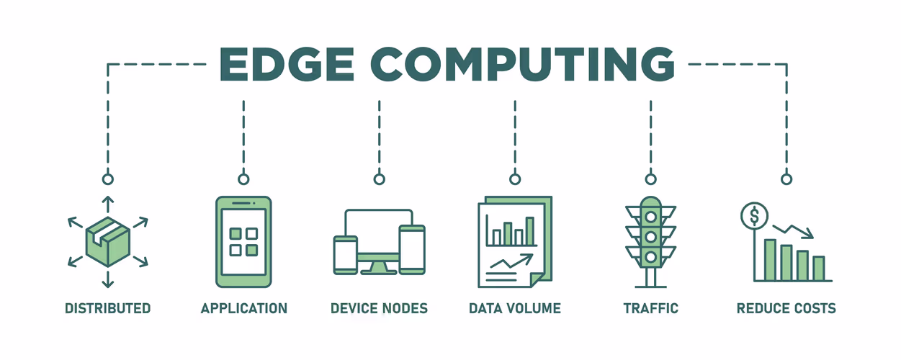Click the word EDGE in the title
point(287,64)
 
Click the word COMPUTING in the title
point(522,64)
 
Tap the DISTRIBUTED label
point(108,308)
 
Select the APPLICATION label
point(243,308)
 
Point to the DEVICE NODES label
point(379,308)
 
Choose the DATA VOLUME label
point(515,308)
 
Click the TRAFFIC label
point(651,308)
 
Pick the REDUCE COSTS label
point(786,308)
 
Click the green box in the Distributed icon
point(108,242)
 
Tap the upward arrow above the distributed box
point(108,204)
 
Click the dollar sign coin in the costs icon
point(755,216)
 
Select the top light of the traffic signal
point(651,217)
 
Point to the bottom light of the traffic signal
point(651,256)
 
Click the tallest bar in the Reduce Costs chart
point(770,260)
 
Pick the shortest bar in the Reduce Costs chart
point(819,269)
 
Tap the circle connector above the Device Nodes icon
point(380,179)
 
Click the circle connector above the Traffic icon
point(651,179)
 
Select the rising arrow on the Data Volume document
point(511,261)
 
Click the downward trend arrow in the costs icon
point(793,231)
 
